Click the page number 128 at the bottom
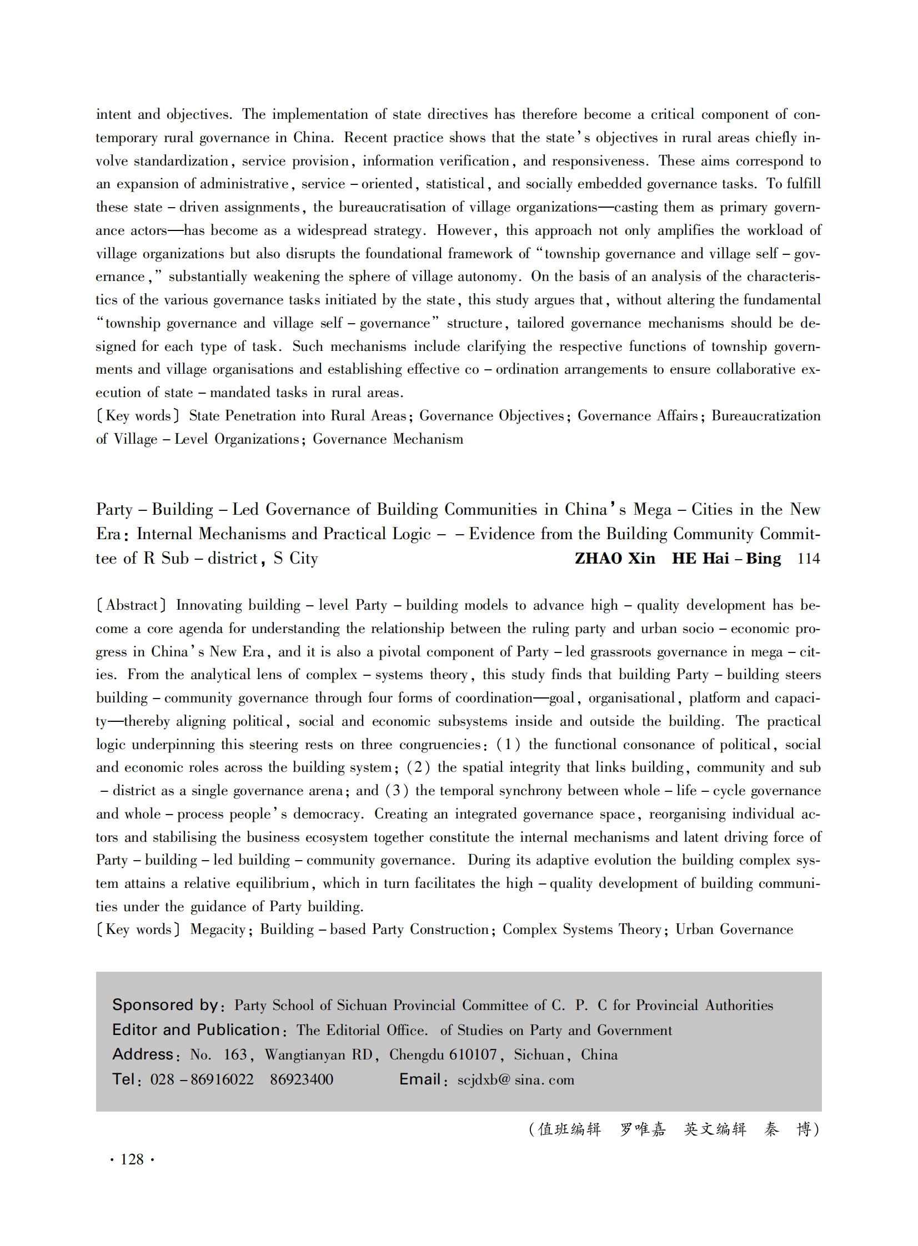point(132,1159)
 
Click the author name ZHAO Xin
point(615,558)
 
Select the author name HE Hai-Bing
point(726,558)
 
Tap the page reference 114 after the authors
point(809,558)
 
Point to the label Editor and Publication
point(196,1029)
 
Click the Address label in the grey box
point(143,1054)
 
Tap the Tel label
point(124,1079)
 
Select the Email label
point(420,1079)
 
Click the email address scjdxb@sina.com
point(516,1079)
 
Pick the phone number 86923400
point(302,1079)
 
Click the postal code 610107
point(473,1054)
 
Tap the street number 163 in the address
point(236,1054)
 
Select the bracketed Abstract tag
point(131,605)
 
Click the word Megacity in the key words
point(218,930)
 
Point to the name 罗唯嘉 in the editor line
point(643,1129)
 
